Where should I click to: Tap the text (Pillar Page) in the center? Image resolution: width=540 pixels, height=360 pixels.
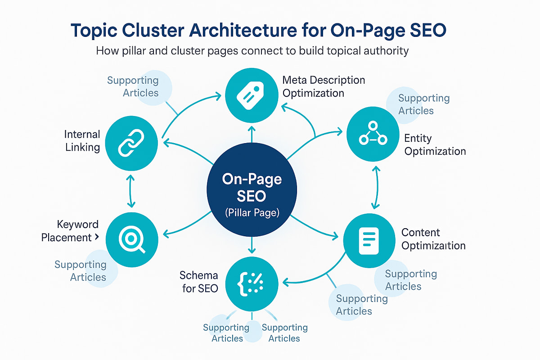click(252, 212)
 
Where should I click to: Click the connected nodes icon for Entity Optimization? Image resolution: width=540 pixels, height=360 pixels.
click(373, 135)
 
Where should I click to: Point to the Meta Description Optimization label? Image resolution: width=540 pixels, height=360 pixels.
click(324, 86)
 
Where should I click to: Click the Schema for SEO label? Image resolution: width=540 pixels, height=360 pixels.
click(199, 282)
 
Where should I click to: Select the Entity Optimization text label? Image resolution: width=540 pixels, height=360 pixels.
click(435, 144)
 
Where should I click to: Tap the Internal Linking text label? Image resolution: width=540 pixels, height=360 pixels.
click(82, 141)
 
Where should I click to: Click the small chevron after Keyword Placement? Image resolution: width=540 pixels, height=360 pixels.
click(97, 238)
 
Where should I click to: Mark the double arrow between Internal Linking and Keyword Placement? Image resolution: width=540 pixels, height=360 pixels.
click(130, 191)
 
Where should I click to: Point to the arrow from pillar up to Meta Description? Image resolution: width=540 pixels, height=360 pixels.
click(252, 135)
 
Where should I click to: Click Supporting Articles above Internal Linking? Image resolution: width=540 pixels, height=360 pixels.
click(133, 86)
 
